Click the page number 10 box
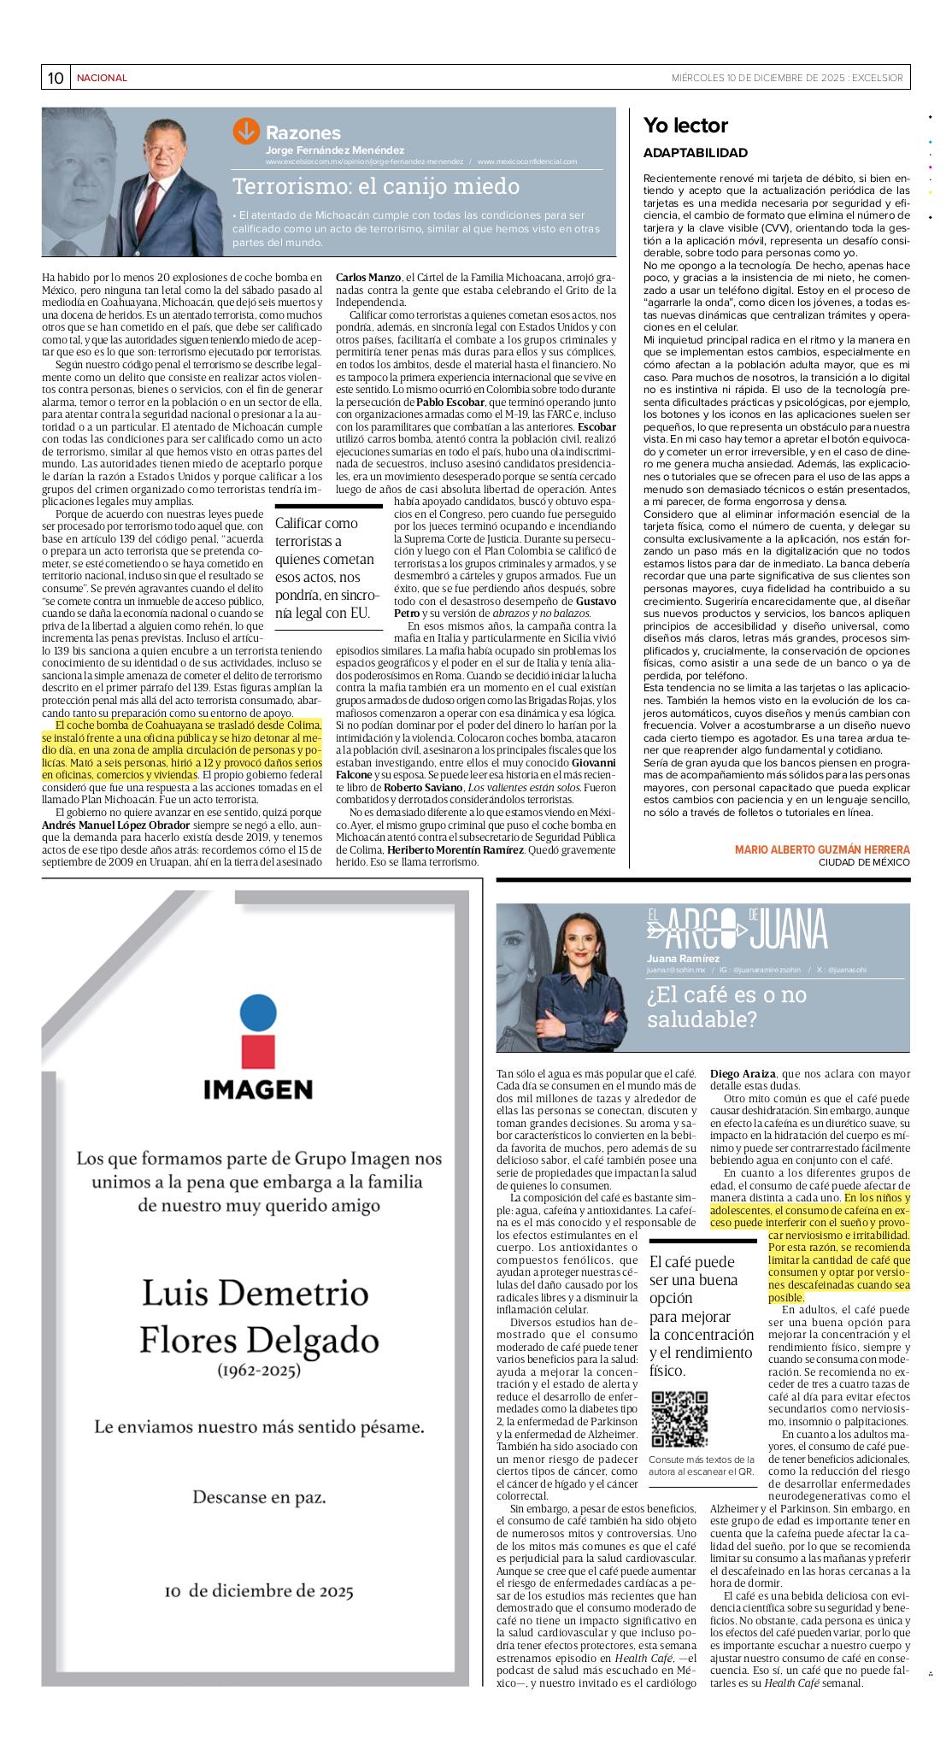click(56, 78)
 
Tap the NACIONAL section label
click(102, 78)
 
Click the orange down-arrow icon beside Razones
click(245, 131)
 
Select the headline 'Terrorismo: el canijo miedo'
click(376, 186)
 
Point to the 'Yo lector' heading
click(685, 126)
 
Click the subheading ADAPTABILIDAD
click(695, 153)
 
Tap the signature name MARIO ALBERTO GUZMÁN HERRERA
click(822, 849)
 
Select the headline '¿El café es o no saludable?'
click(726, 1007)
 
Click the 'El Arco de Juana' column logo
click(737, 929)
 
